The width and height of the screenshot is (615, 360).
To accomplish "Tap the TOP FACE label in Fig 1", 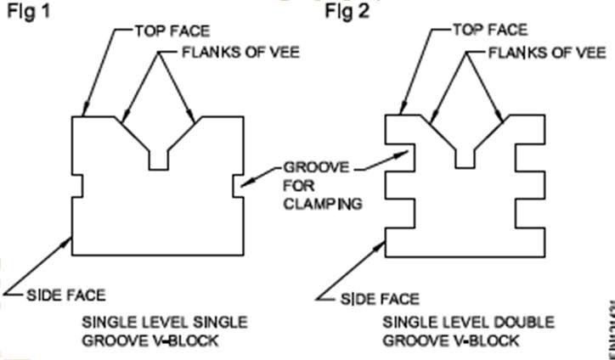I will [166, 31].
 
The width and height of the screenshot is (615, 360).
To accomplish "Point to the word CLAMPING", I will [324, 204].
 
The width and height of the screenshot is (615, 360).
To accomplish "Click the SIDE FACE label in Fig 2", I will [380, 299].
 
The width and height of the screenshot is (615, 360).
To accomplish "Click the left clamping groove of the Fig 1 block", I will [77, 184].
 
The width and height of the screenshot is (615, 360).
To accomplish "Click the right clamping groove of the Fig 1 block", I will [236, 184].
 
